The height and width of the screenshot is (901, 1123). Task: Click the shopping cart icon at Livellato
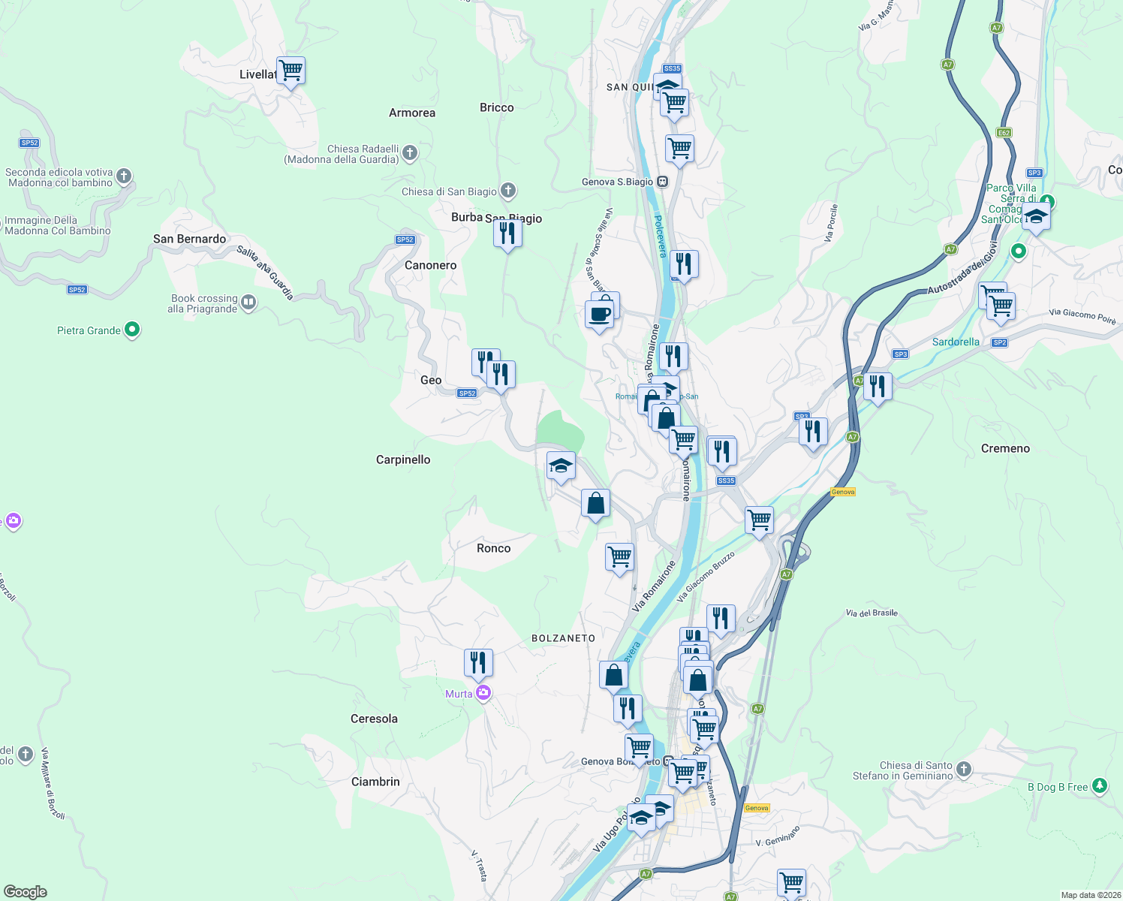291,71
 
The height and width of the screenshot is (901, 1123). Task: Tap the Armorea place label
411,113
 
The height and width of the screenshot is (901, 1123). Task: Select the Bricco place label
496,107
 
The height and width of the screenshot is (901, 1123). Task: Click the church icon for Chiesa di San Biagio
508,191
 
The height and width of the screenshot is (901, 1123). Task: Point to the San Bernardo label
189,239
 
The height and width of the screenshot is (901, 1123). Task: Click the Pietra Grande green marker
132,330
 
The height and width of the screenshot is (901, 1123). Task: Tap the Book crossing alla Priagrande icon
248,303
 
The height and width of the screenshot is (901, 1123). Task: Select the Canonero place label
430,265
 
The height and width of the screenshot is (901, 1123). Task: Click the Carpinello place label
403,460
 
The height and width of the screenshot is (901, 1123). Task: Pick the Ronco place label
493,548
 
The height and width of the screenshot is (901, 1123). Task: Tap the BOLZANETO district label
563,638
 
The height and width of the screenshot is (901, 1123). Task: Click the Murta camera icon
483,693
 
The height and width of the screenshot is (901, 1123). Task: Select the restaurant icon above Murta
478,663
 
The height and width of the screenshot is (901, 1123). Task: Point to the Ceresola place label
374,719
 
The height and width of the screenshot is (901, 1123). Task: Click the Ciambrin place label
375,782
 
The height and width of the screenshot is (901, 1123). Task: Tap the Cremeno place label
1005,448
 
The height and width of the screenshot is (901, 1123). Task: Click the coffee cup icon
599,315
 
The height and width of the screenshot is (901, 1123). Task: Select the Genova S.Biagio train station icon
662,182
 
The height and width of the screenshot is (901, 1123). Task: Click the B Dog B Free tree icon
1100,786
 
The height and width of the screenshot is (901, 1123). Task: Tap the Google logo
26,892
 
